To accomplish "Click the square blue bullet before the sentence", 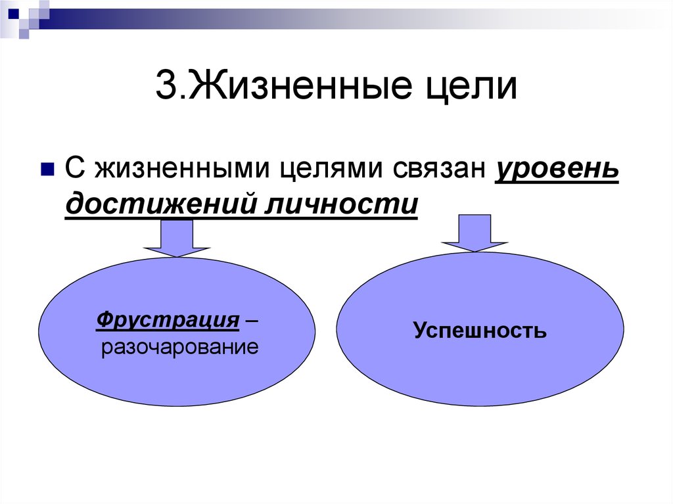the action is click(x=47, y=169).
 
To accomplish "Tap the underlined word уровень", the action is click(x=557, y=169).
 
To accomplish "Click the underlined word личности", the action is click(x=341, y=204).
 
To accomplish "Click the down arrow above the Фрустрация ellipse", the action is click(x=176, y=239).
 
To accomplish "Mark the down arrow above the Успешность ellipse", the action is click(x=475, y=233).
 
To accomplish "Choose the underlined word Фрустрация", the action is click(x=168, y=320).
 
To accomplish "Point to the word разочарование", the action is click(x=180, y=348).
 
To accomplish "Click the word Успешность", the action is click(x=480, y=330).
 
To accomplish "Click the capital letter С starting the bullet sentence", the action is click(x=75, y=168).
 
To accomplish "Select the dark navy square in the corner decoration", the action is click(x=13, y=13).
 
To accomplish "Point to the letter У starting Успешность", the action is click(x=421, y=329).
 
